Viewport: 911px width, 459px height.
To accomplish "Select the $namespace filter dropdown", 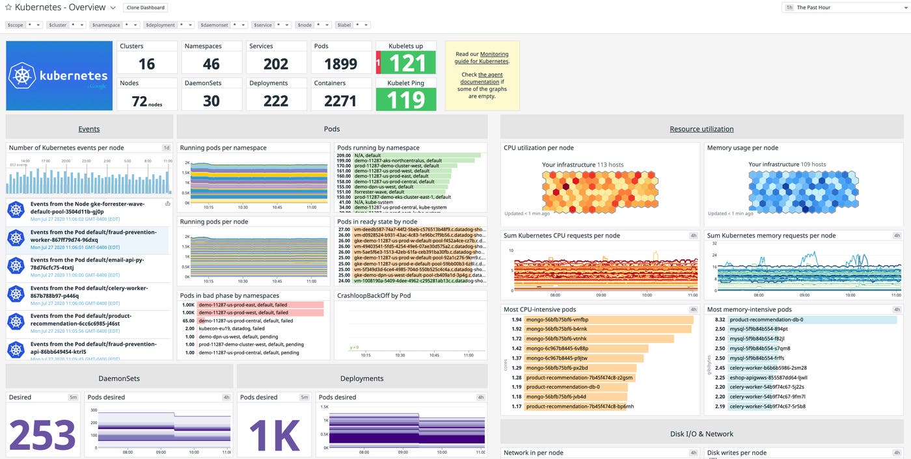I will [115, 25].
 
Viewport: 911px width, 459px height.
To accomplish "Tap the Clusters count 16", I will [147, 64].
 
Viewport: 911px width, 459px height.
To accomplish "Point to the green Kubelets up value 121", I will [407, 63].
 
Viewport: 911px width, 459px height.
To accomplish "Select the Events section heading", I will [89, 129].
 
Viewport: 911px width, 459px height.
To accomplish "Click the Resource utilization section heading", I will [701, 129].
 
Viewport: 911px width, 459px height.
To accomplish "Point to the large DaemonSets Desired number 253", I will [42, 434].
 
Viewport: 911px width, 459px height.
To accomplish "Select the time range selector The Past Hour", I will [842, 7].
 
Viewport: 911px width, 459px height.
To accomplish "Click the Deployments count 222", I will [276, 101].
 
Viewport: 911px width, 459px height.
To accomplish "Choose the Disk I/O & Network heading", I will [701, 434].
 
